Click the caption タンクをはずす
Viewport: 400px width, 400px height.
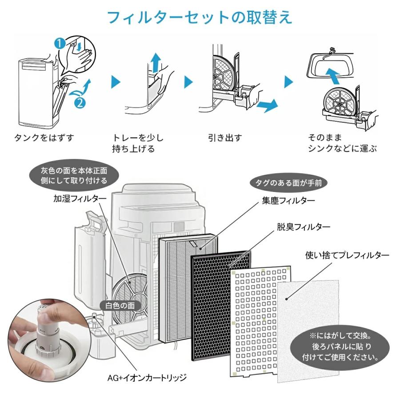43,138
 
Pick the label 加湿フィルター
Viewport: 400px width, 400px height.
78,198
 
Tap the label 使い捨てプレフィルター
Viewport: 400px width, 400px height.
347,256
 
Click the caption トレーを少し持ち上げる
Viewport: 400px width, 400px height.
137,143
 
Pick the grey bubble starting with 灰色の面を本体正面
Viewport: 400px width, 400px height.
74,176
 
